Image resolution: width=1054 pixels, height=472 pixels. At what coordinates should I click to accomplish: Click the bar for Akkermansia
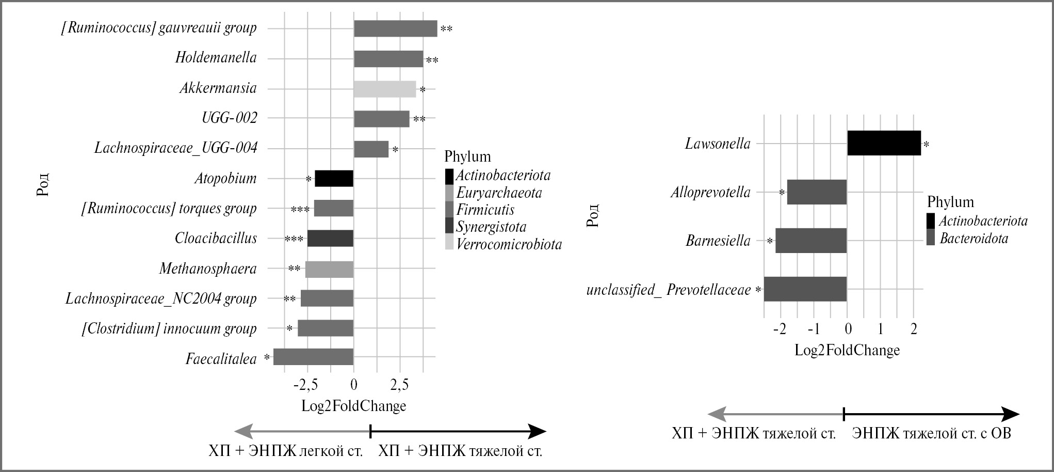pos(384,89)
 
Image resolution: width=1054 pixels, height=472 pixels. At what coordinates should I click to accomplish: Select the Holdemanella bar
pos(388,59)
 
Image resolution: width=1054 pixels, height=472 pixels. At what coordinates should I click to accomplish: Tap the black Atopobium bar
pos(334,178)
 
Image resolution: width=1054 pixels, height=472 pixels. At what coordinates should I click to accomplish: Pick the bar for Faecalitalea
pos(313,357)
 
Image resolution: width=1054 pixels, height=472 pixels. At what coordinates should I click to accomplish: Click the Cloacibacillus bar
pos(330,239)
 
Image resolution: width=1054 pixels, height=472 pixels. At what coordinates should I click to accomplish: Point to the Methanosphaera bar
pos(329,269)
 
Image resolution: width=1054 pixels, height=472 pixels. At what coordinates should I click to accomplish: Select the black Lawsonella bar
pos(884,143)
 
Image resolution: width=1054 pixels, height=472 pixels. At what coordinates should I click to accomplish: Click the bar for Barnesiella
pos(811,241)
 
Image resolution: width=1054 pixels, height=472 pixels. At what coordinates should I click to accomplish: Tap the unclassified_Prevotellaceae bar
pos(805,289)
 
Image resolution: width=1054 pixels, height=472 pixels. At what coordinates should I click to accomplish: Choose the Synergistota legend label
pos(491,227)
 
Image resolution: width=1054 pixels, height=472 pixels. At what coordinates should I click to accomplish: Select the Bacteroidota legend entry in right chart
pos(974,239)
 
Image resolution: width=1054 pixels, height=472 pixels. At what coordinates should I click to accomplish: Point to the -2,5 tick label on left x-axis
pos(307,385)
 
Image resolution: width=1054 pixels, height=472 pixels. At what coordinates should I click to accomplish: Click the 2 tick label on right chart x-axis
pos(913,329)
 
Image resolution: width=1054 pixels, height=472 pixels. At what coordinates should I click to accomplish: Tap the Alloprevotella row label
pos(710,193)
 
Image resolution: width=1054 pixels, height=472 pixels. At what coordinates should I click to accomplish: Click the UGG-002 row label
pos(229,118)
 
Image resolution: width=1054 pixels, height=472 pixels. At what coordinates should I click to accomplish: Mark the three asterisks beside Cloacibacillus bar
pos(294,239)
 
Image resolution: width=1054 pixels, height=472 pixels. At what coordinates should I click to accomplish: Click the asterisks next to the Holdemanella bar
pos(432,61)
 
